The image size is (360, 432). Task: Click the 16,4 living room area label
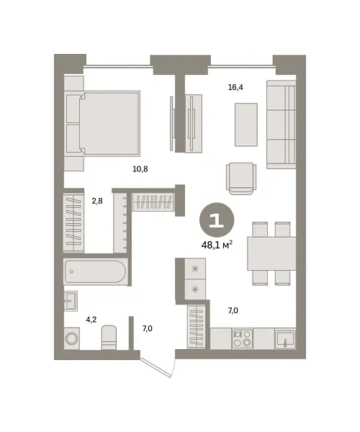pyautogui.click(x=235, y=87)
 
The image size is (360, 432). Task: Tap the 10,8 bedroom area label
pyautogui.click(x=140, y=169)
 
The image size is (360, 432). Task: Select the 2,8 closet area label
pyautogui.click(x=97, y=201)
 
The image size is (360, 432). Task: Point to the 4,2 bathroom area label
pyautogui.click(x=91, y=320)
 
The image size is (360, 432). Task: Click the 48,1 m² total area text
pyautogui.click(x=217, y=245)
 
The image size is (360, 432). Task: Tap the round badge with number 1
pyautogui.click(x=217, y=220)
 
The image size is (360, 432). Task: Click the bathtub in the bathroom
pyautogui.click(x=95, y=271)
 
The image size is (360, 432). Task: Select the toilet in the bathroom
pyautogui.click(x=109, y=338)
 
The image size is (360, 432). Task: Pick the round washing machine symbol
pyautogui.click(x=72, y=338)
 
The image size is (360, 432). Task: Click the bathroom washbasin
pyautogui.click(x=71, y=301)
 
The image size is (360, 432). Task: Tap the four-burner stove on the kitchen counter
pyautogui.click(x=242, y=338)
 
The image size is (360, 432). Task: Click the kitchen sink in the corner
pyautogui.click(x=285, y=339)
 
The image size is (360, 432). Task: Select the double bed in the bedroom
pyautogui.click(x=103, y=123)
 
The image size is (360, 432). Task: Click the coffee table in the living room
pyautogui.click(x=246, y=125)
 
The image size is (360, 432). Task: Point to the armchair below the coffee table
pyautogui.click(x=241, y=179)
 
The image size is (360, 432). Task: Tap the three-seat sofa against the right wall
pyautogui.click(x=281, y=125)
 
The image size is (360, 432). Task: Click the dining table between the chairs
pyautogui.click(x=271, y=253)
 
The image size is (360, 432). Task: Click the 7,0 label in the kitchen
pyautogui.click(x=233, y=311)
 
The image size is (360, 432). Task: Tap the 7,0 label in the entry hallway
pyautogui.click(x=148, y=328)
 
